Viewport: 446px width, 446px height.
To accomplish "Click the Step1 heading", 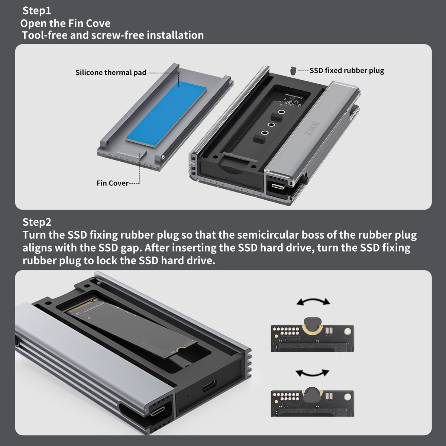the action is pos(37,11).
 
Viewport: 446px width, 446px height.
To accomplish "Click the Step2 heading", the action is pos(37,222).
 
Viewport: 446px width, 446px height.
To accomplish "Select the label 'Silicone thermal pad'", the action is pos(111,72).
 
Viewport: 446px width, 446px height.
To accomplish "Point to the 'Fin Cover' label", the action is pos(113,183).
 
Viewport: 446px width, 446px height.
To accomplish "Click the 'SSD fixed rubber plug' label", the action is pos(347,70).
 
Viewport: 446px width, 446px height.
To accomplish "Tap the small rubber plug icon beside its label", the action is pos(293,70).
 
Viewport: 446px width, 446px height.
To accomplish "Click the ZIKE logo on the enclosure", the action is pos(312,129).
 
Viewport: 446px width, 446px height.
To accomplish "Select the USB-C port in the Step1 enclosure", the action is pos(279,186).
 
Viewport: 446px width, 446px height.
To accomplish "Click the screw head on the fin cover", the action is pos(163,157).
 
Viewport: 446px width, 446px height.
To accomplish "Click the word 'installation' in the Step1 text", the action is pos(175,35).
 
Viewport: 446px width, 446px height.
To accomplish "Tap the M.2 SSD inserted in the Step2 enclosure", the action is pos(131,326).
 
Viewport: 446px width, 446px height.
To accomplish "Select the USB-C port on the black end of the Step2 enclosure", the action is pos(209,385).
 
